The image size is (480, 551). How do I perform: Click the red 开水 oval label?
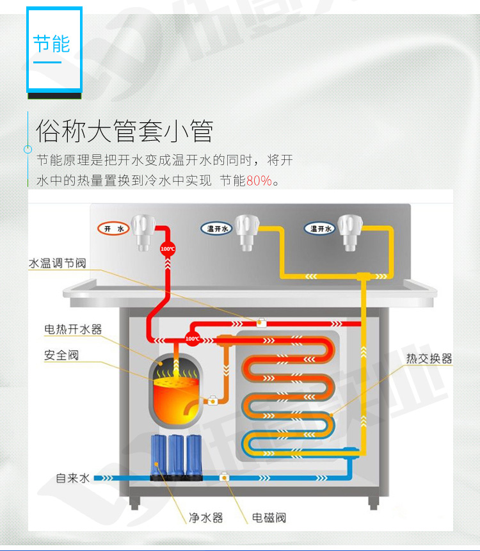click(113, 228)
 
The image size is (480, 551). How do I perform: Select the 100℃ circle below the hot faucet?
click(168, 249)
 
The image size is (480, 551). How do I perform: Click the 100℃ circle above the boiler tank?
click(192, 339)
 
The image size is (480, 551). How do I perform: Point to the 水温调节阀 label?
click(57, 263)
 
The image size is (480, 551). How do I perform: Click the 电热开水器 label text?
click(73, 330)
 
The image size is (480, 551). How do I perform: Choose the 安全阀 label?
click(61, 355)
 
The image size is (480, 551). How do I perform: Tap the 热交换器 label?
click(429, 358)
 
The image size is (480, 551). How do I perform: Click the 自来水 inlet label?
click(73, 478)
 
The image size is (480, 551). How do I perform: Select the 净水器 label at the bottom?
click(206, 518)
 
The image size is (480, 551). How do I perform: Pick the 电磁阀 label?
click(269, 518)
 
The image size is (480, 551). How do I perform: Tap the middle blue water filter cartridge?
click(176, 456)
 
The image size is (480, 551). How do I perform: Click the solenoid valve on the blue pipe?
click(224, 477)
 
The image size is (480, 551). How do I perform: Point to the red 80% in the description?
click(259, 180)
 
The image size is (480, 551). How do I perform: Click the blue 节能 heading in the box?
click(52, 44)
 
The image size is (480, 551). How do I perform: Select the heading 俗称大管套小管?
click(125, 131)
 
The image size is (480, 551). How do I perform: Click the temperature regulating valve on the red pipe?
click(261, 323)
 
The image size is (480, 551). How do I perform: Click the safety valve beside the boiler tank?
click(212, 400)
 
